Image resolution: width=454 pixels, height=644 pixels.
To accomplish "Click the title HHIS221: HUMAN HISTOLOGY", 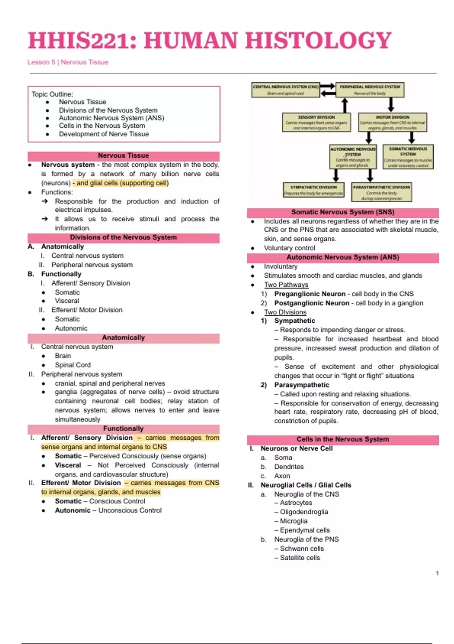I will click(210, 41).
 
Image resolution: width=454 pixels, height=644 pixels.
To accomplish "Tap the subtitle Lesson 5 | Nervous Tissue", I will click(68, 62).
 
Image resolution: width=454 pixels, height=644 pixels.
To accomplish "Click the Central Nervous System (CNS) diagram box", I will click(286, 90).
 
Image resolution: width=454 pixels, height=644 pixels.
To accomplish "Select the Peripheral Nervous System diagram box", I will click(370, 90).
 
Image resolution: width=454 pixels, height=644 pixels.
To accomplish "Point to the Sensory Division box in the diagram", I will click(316, 122).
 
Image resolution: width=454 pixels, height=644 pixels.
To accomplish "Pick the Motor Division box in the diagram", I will click(392, 122).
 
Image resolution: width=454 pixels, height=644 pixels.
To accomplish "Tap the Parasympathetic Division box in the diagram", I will click(381, 192).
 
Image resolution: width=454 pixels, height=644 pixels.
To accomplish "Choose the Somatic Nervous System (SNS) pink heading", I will click(343, 212).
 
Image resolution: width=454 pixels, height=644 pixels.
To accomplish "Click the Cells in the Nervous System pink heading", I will click(343, 439).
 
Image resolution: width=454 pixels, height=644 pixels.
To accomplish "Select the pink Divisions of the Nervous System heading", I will click(123, 238).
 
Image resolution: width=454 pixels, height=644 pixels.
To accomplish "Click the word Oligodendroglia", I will click(304, 512).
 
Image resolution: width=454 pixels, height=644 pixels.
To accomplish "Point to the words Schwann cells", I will click(302, 549).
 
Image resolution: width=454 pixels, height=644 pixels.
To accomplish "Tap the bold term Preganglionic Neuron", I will click(310, 294).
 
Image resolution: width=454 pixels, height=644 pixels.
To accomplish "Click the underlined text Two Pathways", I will click(286, 285).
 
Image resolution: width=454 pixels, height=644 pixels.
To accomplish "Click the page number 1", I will click(437, 573).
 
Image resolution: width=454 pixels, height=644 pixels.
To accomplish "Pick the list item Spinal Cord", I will click(73, 365).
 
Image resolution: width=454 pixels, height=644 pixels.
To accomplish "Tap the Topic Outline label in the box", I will click(52, 94).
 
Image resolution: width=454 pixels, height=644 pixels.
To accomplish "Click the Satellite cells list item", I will click(300, 558).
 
